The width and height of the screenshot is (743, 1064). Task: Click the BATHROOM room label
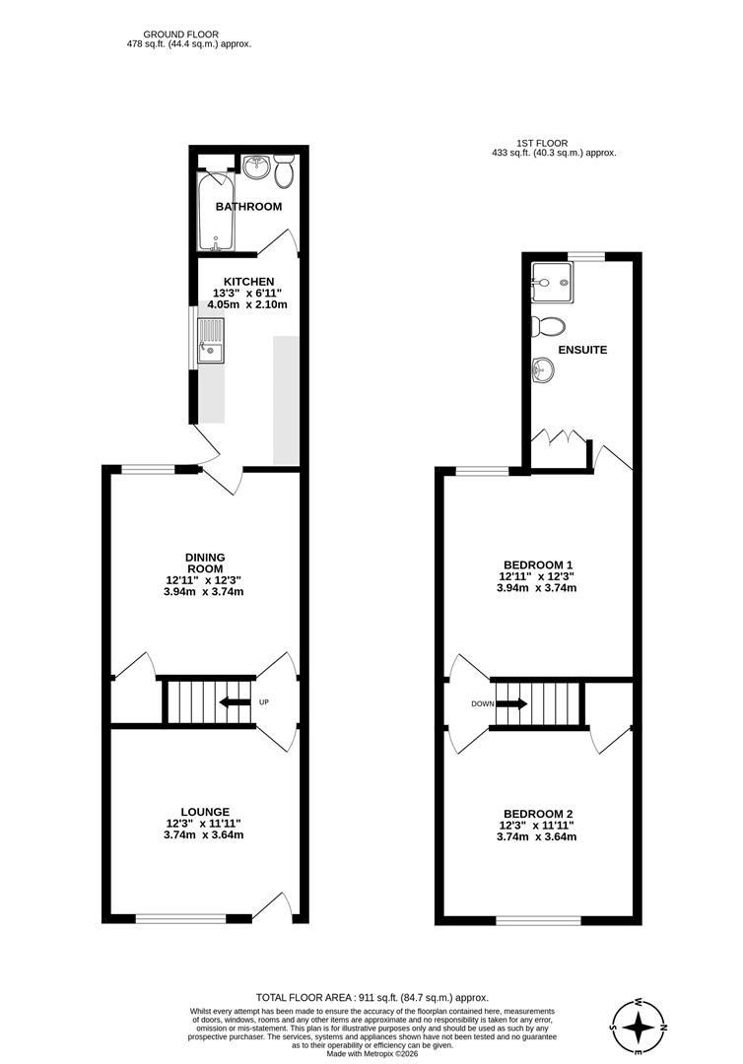click(x=248, y=207)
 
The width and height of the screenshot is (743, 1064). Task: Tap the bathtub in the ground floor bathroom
click(x=215, y=212)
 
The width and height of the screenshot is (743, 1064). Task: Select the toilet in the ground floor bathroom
click(x=285, y=172)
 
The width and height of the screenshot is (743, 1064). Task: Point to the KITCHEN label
click(x=248, y=282)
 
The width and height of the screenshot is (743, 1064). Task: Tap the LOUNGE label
click(x=205, y=812)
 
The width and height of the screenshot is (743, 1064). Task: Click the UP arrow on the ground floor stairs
click(x=234, y=702)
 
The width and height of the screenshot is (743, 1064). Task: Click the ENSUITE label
click(x=582, y=350)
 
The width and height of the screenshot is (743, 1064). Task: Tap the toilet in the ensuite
click(x=547, y=326)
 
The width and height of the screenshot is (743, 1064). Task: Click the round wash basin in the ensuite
click(x=543, y=370)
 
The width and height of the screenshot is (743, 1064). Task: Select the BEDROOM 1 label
click(x=537, y=565)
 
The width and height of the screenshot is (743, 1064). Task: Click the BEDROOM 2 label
click(x=537, y=813)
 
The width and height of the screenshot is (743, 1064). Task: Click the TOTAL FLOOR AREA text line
click(x=371, y=997)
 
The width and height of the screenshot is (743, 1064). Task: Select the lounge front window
click(x=180, y=918)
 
